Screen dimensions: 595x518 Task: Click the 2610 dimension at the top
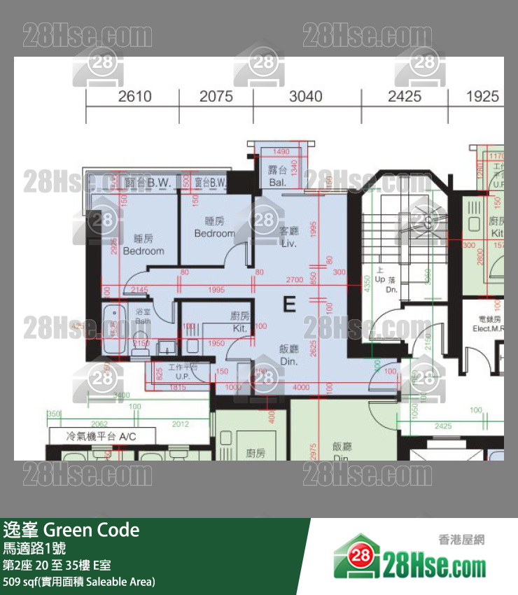[134, 96]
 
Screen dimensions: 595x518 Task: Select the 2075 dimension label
[216, 96]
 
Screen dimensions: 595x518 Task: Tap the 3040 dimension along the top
[306, 96]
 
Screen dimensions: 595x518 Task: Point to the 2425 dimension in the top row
[405, 96]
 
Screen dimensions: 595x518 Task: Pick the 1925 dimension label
[482, 96]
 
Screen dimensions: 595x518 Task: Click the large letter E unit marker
[289, 304]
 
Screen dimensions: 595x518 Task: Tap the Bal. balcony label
[277, 183]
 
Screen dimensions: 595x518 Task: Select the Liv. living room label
[289, 242]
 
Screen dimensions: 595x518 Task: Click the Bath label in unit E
[143, 321]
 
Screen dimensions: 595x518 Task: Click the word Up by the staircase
[380, 279]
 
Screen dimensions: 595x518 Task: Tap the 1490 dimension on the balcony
[281, 152]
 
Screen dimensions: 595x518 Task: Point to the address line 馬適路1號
[35, 548]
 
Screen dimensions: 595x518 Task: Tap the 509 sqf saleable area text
[79, 581]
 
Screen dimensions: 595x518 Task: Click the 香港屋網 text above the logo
[461, 539]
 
